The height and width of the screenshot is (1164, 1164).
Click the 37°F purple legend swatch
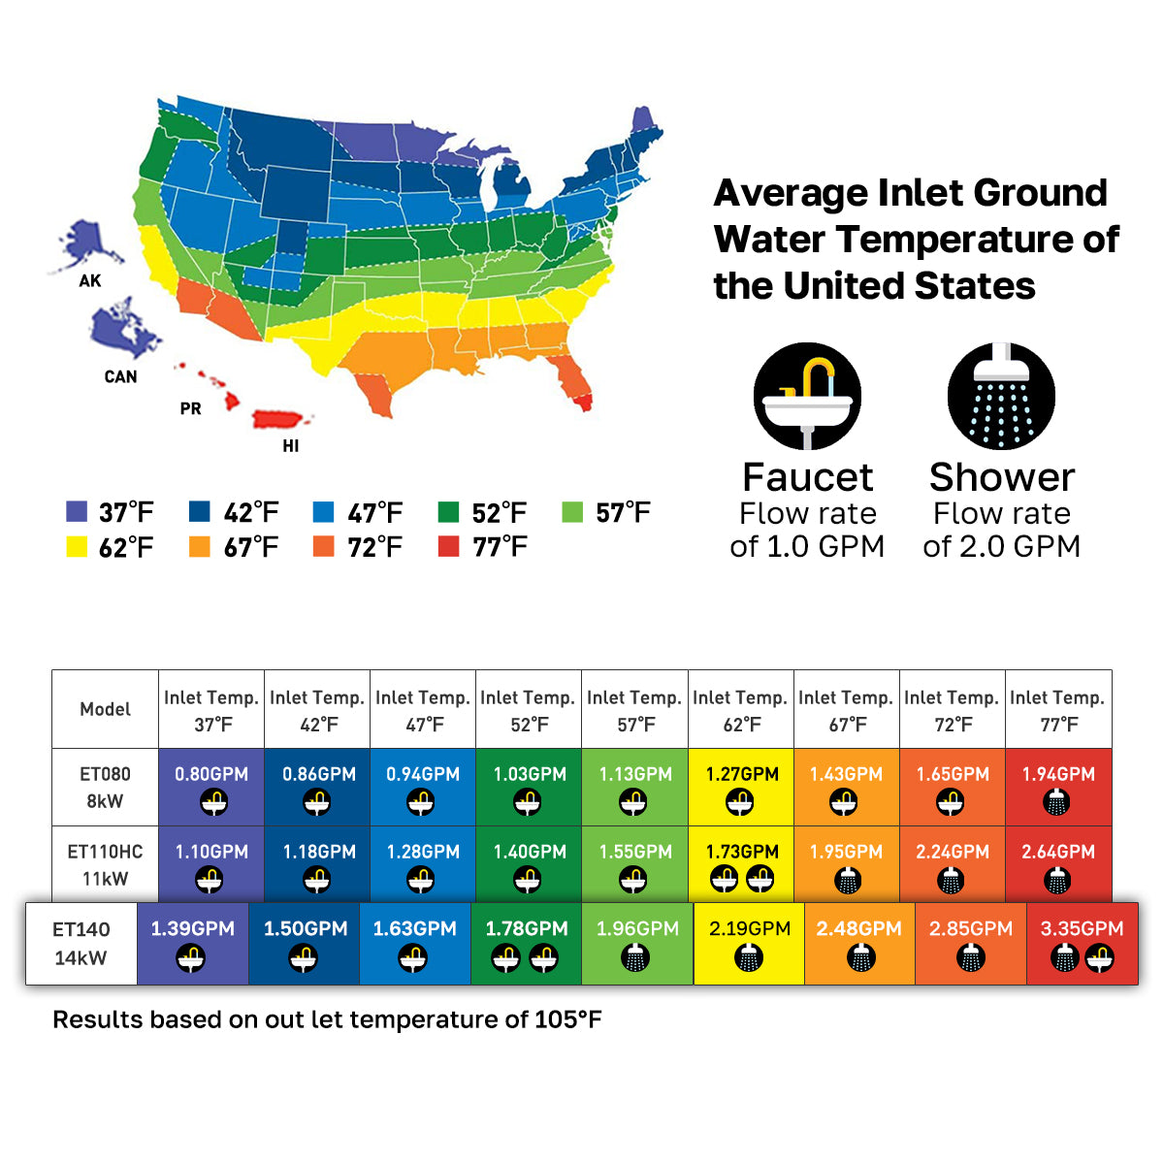pos(77,511)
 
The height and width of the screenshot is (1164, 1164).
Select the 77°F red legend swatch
pos(448,546)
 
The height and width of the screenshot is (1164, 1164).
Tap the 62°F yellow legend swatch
pos(77,546)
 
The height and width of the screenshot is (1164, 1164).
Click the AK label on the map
pos(90,281)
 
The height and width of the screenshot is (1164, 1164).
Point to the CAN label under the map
pos(120,376)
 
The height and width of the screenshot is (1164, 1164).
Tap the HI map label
pos(290,446)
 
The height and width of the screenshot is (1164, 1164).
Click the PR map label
pos(190,409)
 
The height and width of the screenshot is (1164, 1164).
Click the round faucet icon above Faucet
pos(807,396)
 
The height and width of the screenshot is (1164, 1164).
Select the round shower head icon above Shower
pos(1001,396)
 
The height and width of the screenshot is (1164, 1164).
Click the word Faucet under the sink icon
pos(807,477)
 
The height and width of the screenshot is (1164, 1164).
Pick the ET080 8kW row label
pos(105,787)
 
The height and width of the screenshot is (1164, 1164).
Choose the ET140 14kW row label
pos(81,943)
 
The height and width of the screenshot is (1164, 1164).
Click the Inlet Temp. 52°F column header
pos(529,709)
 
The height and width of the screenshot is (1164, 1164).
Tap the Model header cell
pos(105,709)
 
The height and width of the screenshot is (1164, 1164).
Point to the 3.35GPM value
pos(1082,928)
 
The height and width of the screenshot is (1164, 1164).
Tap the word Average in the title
pos(791,193)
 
